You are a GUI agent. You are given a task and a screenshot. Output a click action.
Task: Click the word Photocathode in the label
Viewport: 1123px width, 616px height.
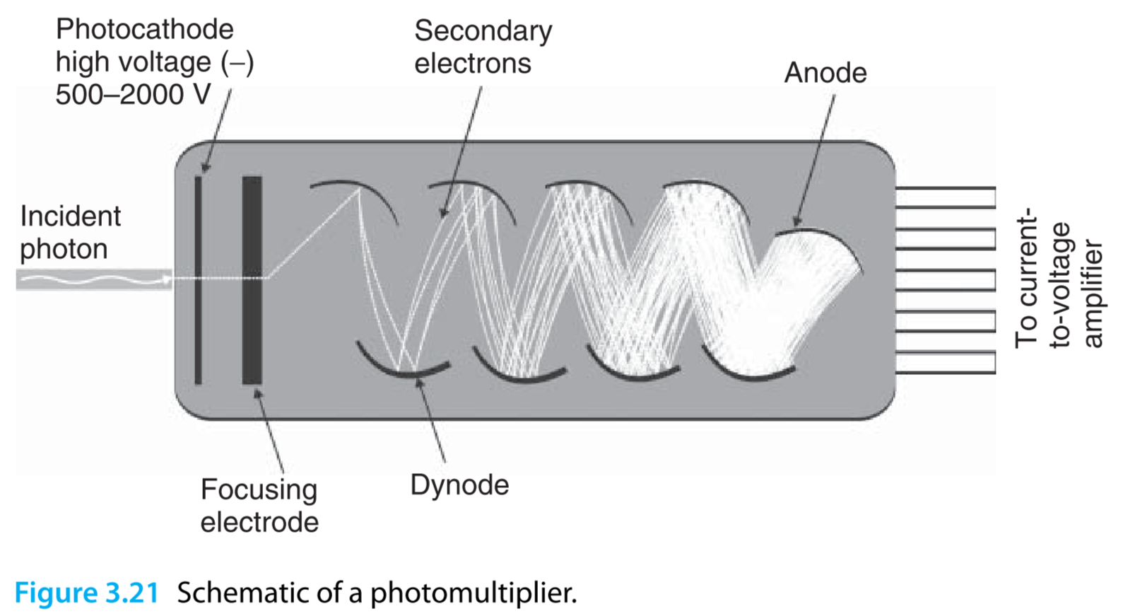[x=144, y=30]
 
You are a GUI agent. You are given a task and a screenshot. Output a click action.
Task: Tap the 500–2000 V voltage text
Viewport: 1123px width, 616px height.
[x=133, y=95]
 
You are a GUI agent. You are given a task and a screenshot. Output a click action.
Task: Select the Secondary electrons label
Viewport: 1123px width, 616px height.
[x=483, y=47]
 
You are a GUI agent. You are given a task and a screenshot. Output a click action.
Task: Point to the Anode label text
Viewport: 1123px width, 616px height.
[x=825, y=73]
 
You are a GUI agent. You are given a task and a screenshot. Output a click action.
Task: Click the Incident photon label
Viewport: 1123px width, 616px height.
[x=70, y=233]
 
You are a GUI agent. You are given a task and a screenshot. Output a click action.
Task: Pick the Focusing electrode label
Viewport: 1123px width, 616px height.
[x=259, y=506]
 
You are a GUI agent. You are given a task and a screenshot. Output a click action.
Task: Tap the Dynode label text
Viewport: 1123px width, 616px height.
[x=459, y=485]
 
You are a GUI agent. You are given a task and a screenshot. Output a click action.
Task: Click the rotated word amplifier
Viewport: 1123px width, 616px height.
[x=1092, y=294]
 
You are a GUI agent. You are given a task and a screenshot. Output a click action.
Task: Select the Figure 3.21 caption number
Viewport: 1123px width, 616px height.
[x=86, y=593]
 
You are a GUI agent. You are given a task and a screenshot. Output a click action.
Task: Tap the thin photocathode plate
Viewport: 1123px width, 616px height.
[x=199, y=279]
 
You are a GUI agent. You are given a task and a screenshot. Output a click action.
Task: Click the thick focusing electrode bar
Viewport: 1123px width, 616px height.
[x=252, y=279]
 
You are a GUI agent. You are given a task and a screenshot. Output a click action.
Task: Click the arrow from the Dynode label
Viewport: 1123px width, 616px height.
[x=431, y=421]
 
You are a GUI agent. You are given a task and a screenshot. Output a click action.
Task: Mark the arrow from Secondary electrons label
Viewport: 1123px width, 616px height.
[x=461, y=152]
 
